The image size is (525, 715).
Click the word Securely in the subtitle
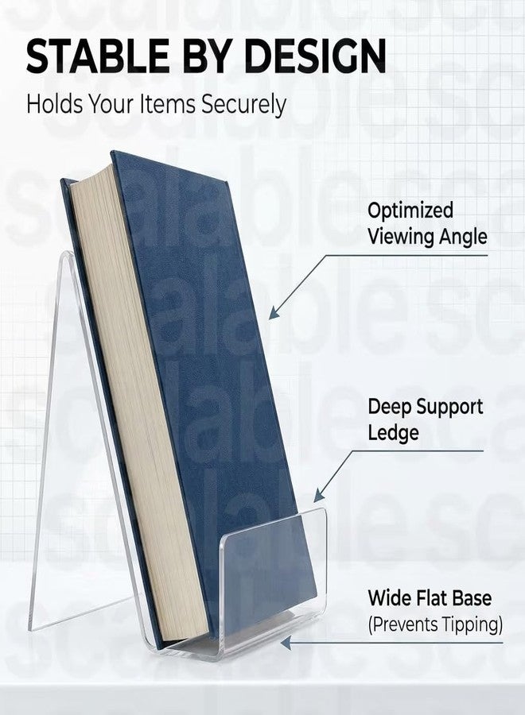tap(243, 104)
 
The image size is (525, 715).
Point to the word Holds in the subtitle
tap(54, 103)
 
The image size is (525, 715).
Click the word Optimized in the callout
tap(410, 211)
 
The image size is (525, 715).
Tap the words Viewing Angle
tap(427, 237)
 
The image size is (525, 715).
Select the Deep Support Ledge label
tap(426, 419)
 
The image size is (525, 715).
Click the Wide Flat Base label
tap(430, 597)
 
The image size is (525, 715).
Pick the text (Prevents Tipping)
tap(435, 624)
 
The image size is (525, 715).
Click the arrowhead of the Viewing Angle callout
tap(274, 313)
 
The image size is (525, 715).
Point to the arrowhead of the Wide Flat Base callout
tap(286, 643)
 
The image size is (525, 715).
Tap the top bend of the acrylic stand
tap(67, 255)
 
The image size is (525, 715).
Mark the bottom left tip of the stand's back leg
tap(30, 629)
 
